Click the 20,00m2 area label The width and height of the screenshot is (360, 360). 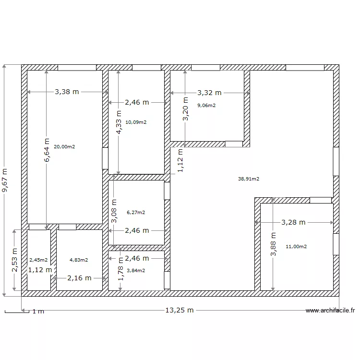click(64, 147)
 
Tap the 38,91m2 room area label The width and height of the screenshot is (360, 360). click(249, 179)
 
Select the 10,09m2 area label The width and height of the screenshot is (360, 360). click(136, 122)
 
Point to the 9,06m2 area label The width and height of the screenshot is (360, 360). click(206, 106)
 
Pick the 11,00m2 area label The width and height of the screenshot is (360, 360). click(296, 247)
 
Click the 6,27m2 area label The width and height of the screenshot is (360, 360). click(136, 212)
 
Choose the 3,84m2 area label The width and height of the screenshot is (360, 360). click(136, 270)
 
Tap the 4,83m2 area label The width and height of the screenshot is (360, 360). click(79, 260)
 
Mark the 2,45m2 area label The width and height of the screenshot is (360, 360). click(38, 260)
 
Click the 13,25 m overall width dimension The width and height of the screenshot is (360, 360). click(180, 310)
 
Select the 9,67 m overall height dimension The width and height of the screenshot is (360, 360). click(5, 180)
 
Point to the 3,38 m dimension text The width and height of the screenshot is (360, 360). click(67, 92)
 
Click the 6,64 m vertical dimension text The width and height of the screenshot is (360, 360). click(47, 150)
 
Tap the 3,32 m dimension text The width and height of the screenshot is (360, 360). click(209, 93)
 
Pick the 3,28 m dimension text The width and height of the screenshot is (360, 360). click(293, 222)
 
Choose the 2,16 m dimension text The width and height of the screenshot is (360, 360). click(79, 278)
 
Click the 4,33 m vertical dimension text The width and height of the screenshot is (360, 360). click(119, 122)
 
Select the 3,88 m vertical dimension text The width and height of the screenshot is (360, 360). click(273, 244)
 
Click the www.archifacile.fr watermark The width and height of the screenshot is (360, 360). click(330, 311)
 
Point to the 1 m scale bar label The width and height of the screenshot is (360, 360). click(38, 312)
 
